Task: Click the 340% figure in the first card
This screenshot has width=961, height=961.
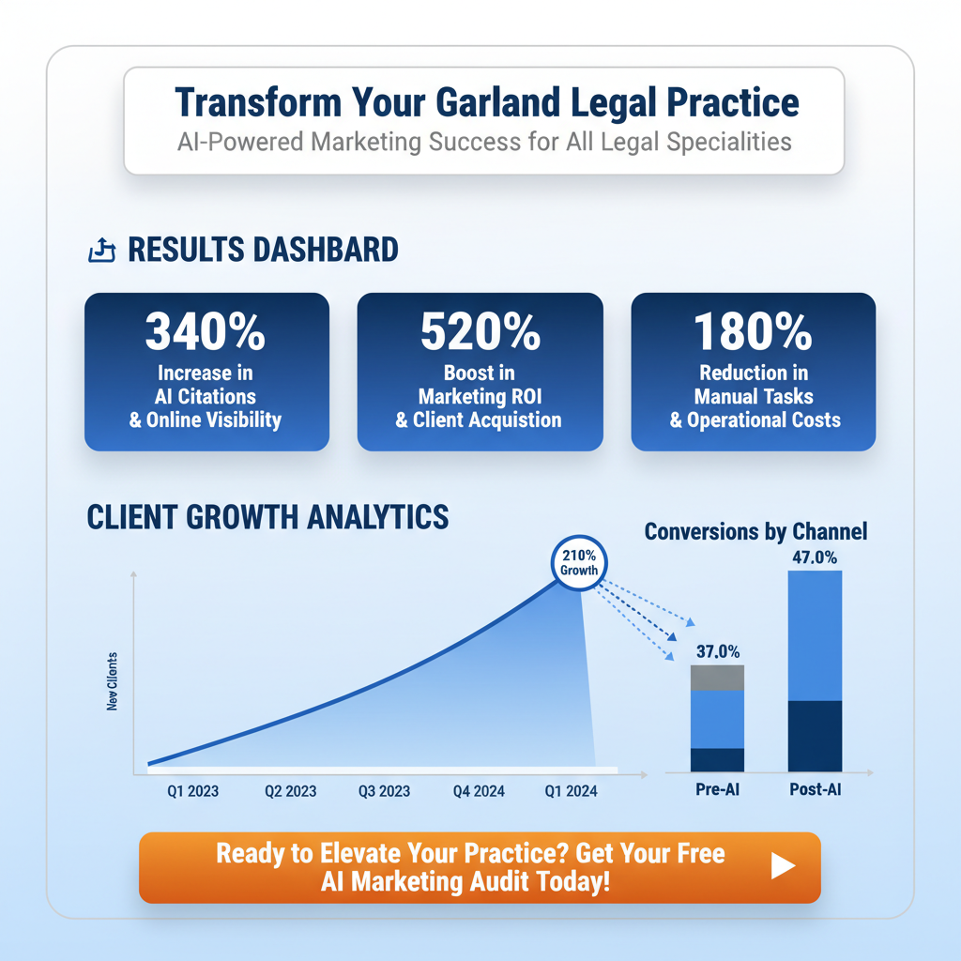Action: point(206,331)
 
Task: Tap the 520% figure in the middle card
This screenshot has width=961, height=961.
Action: point(480,331)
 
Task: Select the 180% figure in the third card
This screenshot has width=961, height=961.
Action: point(753,331)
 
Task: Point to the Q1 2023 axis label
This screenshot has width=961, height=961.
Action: point(192,791)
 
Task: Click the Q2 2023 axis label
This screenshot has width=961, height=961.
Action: point(290,791)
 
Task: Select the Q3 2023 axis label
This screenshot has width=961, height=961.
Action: point(384,791)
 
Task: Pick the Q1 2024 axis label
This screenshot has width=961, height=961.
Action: point(571,791)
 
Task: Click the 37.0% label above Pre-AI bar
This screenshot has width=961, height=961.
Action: point(718,650)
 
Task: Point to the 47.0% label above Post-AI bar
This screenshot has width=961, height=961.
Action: point(815,556)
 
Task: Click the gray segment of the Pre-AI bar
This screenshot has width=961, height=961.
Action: point(717,678)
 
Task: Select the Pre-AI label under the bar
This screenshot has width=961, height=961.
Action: point(717,790)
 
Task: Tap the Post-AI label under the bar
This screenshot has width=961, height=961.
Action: point(815,790)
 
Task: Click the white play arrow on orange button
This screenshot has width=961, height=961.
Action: point(783,867)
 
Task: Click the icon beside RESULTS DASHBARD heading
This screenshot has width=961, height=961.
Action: point(100,251)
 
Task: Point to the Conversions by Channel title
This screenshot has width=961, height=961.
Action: point(755,532)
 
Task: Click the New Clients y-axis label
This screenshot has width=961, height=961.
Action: point(113,680)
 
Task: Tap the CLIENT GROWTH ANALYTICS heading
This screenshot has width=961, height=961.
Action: point(267,517)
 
